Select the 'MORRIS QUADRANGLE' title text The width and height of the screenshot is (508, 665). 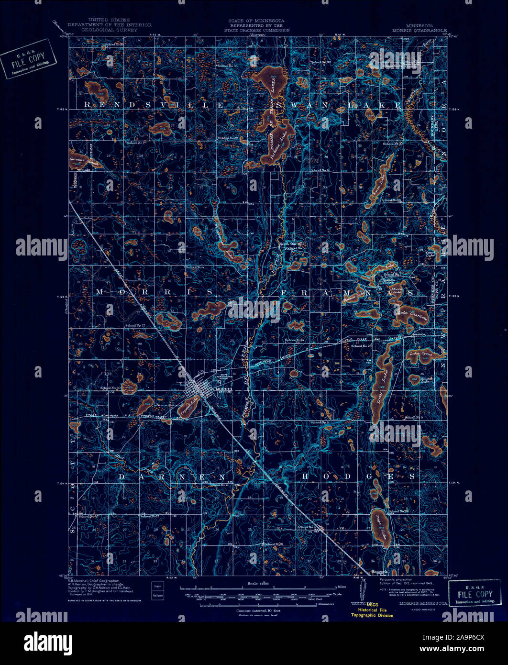click(x=427, y=29)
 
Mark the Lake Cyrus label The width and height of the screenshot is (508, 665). click(x=420, y=355)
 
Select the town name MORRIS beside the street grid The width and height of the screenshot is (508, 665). click(x=224, y=389)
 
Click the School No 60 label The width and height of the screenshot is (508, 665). click(x=110, y=388)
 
